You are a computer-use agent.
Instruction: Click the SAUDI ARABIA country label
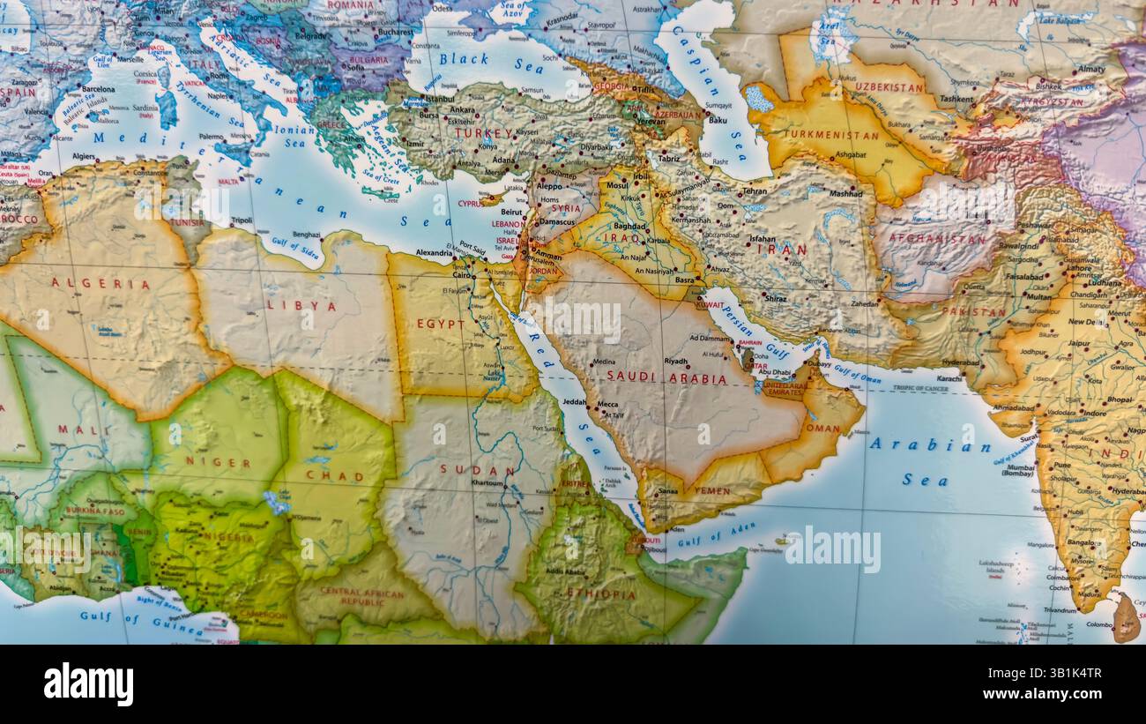click(x=667, y=378)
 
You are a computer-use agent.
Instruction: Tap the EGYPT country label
click(x=441, y=324)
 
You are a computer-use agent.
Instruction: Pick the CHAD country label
click(x=334, y=476)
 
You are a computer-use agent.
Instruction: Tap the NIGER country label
click(x=218, y=462)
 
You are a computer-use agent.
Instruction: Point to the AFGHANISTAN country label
click(x=936, y=238)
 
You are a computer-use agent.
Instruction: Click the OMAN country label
click(x=822, y=428)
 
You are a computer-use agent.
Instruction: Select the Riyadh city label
click(x=676, y=362)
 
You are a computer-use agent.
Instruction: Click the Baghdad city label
click(x=630, y=226)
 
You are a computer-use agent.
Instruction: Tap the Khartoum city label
click(x=487, y=483)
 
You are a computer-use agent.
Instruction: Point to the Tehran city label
click(x=755, y=190)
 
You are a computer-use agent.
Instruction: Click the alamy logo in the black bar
click(x=88, y=684)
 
